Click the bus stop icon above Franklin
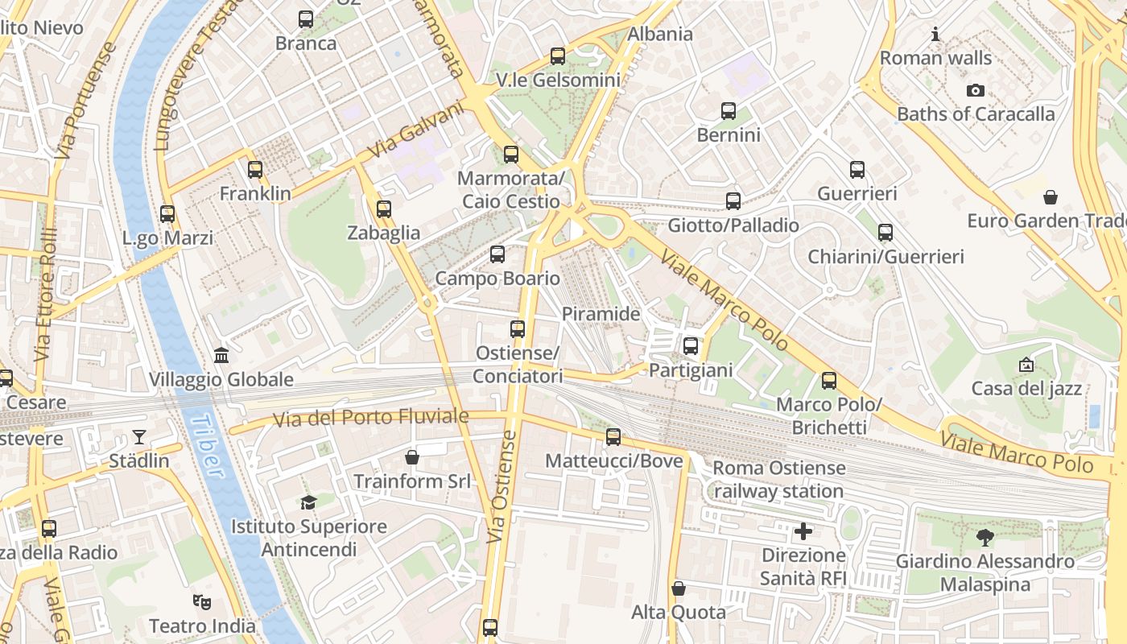pyautogui.click(x=255, y=170)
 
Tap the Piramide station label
pyautogui.click(x=601, y=314)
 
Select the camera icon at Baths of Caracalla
pyautogui.click(x=976, y=90)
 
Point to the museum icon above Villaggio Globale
pyautogui.click(x=221, y=355)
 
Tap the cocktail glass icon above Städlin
pyautogui.click(x=139, y=437)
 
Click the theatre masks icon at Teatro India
pyautogui.click(x=202, y=601)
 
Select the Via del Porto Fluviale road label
pyautogui.click(x=370, y=418)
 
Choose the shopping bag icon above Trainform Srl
pyautogui.click(x=412, y=457)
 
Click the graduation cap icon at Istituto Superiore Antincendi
pyautogui.click(x=308, y=503)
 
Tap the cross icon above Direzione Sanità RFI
pyautogui.click(x=803, y=531)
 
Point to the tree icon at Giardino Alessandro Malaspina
pyautogui.click(x=985, y=537)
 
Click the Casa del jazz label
pyautogui.click(x=1026, y=389)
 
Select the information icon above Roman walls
pyautogui.click(x=935, y=34)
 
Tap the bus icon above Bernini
pyautogui.click(x=729, y=111)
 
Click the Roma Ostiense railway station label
pyautogui.click(x=778, y=479)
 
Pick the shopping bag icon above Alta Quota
pyautogui.click(x=679, y=588)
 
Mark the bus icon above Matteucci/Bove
pyautogui.click(x=613, y=437)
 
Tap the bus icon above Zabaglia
pyautogui.click(x=384, y=209)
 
